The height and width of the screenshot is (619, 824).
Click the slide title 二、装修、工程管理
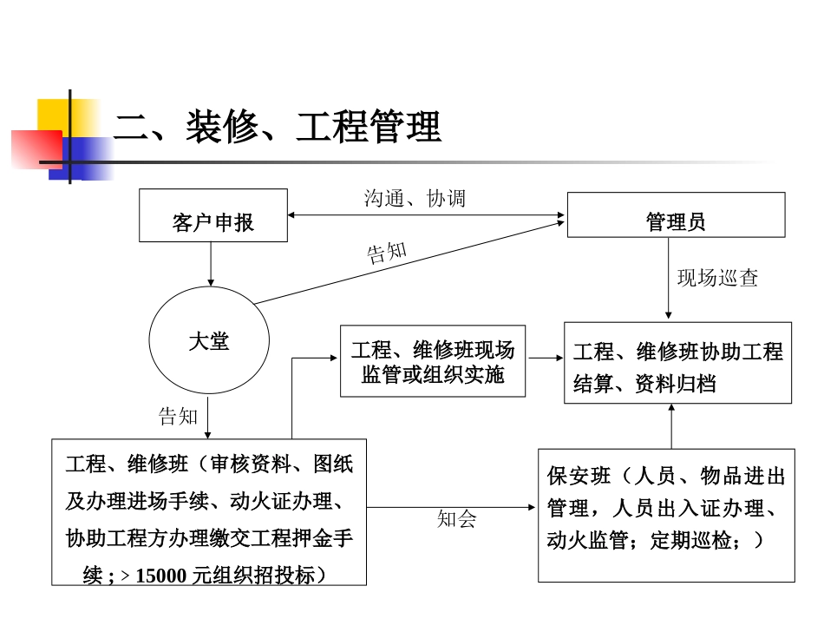278,128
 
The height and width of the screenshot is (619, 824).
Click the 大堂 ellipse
209,340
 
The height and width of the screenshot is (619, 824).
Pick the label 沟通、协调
415,199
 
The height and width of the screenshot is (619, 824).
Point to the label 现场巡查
717,278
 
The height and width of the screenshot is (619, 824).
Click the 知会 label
456,519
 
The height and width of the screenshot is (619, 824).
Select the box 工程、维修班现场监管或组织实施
432,362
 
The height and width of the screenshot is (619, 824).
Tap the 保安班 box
666,515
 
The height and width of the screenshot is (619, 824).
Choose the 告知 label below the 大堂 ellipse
179,416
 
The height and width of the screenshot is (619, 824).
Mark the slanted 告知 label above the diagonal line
387,252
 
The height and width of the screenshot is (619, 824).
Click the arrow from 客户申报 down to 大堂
210,264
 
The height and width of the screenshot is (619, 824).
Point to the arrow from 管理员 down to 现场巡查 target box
668,278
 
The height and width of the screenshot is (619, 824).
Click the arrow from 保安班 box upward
670,426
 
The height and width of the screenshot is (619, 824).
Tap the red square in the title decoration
36,148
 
